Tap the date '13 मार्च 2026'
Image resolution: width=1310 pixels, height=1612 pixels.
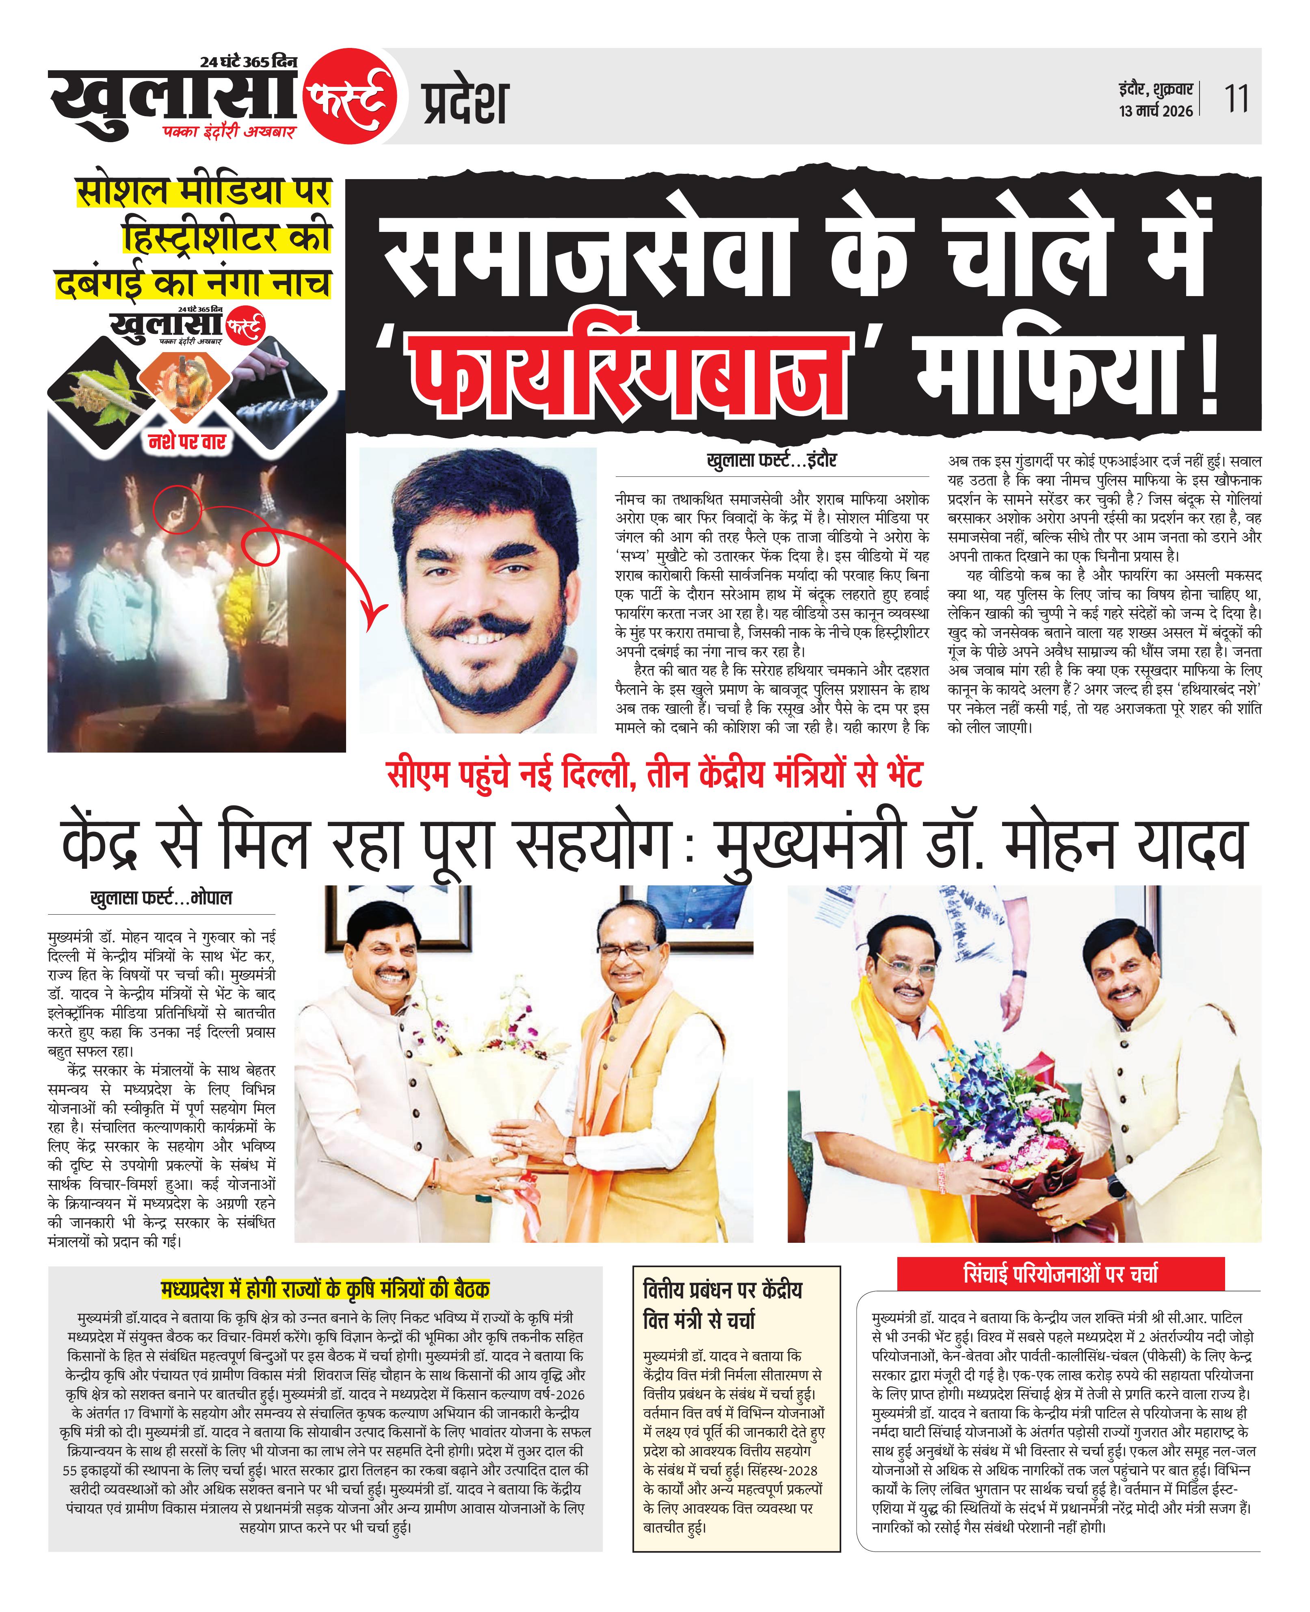[1155, 112]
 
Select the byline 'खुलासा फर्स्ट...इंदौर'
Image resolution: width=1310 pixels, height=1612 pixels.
[771, 460]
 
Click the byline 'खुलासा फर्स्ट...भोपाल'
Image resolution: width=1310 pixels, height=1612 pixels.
[161, 898]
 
